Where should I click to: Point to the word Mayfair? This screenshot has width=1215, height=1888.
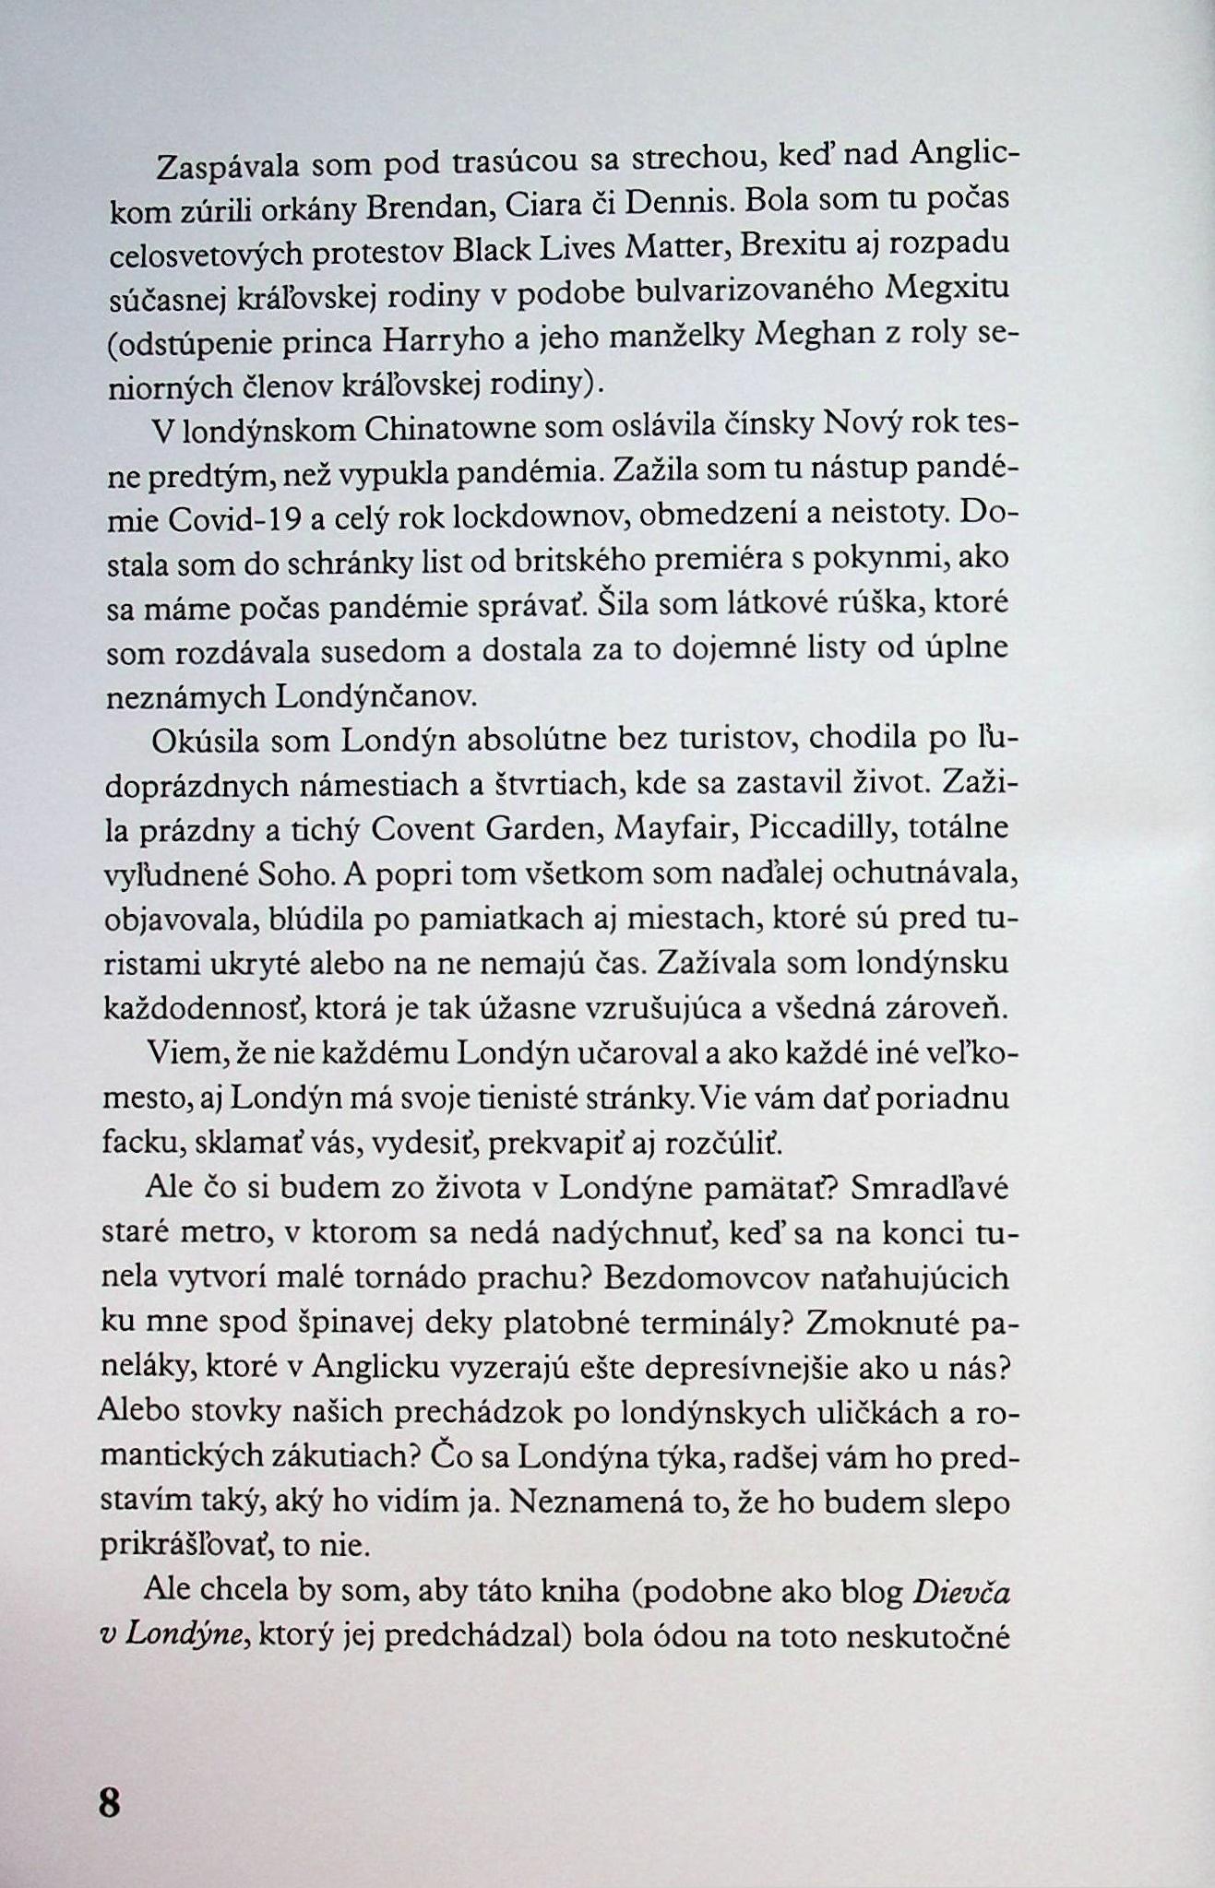tap(669, 828)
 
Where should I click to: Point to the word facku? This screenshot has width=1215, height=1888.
tap(141, 1144)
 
